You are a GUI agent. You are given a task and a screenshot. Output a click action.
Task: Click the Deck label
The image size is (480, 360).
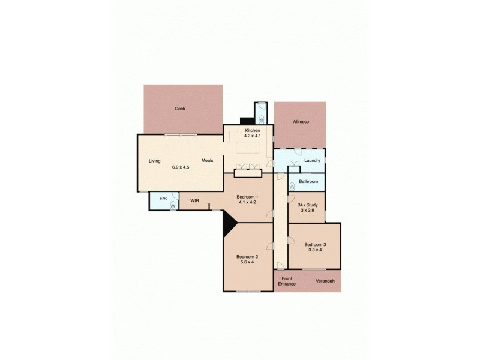[180, 109]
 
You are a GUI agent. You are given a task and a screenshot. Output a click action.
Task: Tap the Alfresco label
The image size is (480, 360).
[300, 122]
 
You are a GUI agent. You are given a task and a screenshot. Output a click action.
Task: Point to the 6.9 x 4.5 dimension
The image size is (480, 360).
[181, 167]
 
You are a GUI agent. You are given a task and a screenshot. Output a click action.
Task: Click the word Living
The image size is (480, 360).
[155, 160]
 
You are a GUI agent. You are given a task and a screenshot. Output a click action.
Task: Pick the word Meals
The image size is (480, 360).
[208, 160]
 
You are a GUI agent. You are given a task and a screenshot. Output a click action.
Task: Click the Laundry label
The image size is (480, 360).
[312, 160]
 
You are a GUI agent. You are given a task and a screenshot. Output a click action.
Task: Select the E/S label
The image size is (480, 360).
[163, 199]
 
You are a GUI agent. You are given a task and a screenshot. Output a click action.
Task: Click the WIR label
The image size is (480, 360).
[194, 200]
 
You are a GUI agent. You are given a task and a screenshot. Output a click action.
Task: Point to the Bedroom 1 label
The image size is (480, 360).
[247, 197]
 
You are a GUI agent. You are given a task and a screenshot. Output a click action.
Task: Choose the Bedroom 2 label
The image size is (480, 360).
[247, 256]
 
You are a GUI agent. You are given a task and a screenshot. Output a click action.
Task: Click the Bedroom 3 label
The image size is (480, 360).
[315, 244]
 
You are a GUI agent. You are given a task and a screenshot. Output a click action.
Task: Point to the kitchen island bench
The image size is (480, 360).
[248, 148]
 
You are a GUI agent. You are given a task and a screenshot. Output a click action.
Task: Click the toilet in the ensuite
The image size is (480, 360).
[173, 205]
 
